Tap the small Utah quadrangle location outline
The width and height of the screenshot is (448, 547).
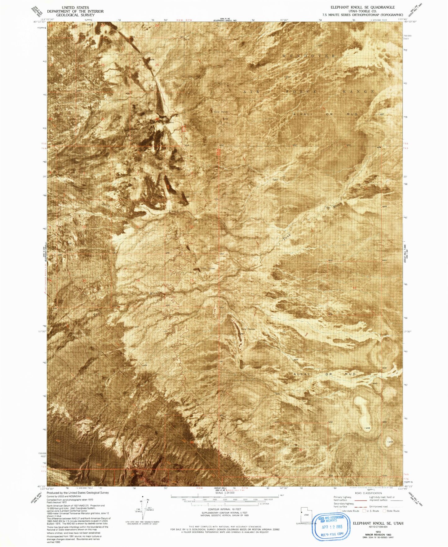pyautogui.click(x=304, y=515)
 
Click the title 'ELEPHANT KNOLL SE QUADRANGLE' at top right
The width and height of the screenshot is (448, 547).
pyautogui.click(x=362, y=7)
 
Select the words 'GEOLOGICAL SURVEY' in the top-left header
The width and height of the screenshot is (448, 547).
pyautogui.click(x=75, y=15)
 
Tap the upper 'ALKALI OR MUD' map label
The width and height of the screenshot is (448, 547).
pyautogui.click(x=325, y=114)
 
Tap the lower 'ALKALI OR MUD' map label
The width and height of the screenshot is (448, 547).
pyautogui.click(x=325, y=374)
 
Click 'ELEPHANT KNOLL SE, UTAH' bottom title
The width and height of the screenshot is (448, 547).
pyautogui.click(x=378, y=523)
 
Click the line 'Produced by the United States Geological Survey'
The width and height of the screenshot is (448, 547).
pyautogui.click(x=78, y=493)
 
